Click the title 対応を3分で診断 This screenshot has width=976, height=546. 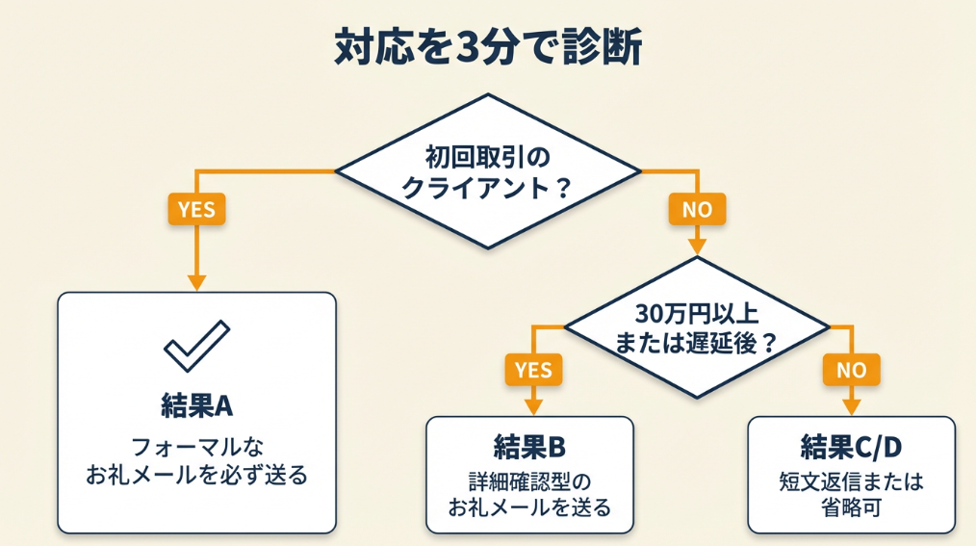pyautogui.click(x=487, y=46)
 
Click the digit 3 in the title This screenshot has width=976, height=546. pyautogui.click(x=461, y=47)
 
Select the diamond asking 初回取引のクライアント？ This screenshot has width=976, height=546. pyautogui.click(x=487, y=170)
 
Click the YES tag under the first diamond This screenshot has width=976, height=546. pyautogui.click(x=196, y=208)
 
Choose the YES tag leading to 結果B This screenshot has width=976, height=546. pyautogui.click(x=533, y=370)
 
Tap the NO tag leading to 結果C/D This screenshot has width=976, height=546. pyautogui.click(x=851, y=370)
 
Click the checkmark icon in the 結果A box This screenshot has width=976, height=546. pyautogui.click(x=196, y=346)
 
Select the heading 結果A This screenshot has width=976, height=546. pyautogui.click(x=196, y=405)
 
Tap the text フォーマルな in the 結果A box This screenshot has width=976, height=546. pyautogui.click(x=196, y=447)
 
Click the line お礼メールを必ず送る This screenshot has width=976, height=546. pyautogui.click(x=196, y=474)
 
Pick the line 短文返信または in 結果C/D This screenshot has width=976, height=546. pyautogui.click(x=851, y=480)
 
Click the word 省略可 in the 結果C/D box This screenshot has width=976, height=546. pyautogui.click(x=851, y=507)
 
